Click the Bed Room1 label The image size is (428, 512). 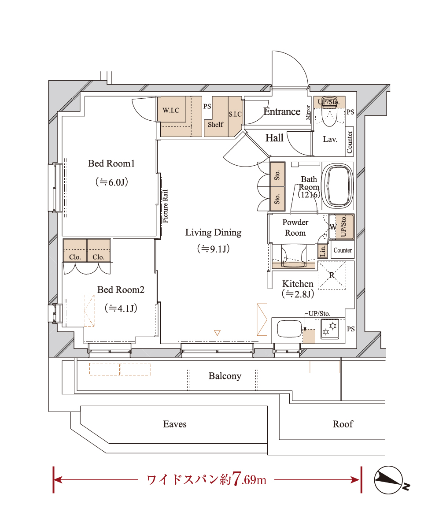click(111, 163)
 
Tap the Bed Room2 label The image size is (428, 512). click(121, 289)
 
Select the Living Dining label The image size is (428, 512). click(214, 233)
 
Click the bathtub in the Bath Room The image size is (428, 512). click(338, 186)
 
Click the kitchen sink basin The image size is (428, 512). click(289, 329)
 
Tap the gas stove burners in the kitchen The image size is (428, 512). click(329, 329)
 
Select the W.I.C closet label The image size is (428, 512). click(171, 110)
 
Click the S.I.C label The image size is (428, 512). click(235, 114)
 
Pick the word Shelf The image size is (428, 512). click(215, 124)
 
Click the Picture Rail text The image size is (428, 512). click(166, 206)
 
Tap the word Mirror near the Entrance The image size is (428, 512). click(308, 113)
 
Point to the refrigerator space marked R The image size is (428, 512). click(332, 275)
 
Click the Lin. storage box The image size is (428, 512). click(322, 251)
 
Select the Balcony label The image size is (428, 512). click(225, 376)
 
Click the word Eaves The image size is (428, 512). click(175, 424)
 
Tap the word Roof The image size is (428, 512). click(343, 424)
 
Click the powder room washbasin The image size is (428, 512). click(294, 255)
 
